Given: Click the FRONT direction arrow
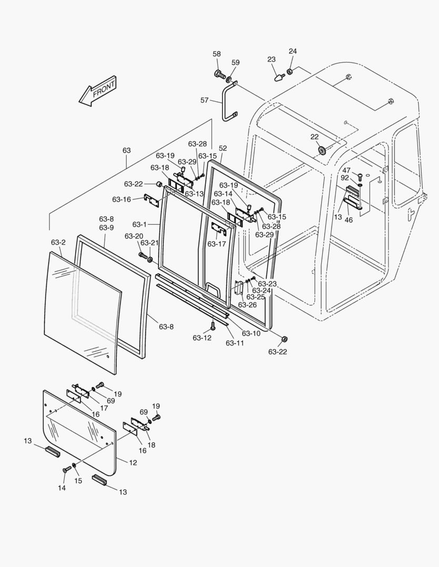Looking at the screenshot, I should point(98,92).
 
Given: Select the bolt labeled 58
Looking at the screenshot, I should point(219,73).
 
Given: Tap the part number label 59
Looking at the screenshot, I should point(236,62).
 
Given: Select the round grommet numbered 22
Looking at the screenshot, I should point(321,150).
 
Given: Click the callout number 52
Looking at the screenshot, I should point(223,149).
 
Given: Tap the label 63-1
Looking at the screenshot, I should point(139,224).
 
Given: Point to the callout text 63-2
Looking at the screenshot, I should point(58,242).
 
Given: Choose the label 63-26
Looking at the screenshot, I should point(247,304).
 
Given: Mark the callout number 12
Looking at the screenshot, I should point(133,463).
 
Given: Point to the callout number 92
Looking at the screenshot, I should point(345,177).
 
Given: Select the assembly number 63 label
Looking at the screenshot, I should point(127,150).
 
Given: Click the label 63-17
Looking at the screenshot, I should point(216,244).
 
